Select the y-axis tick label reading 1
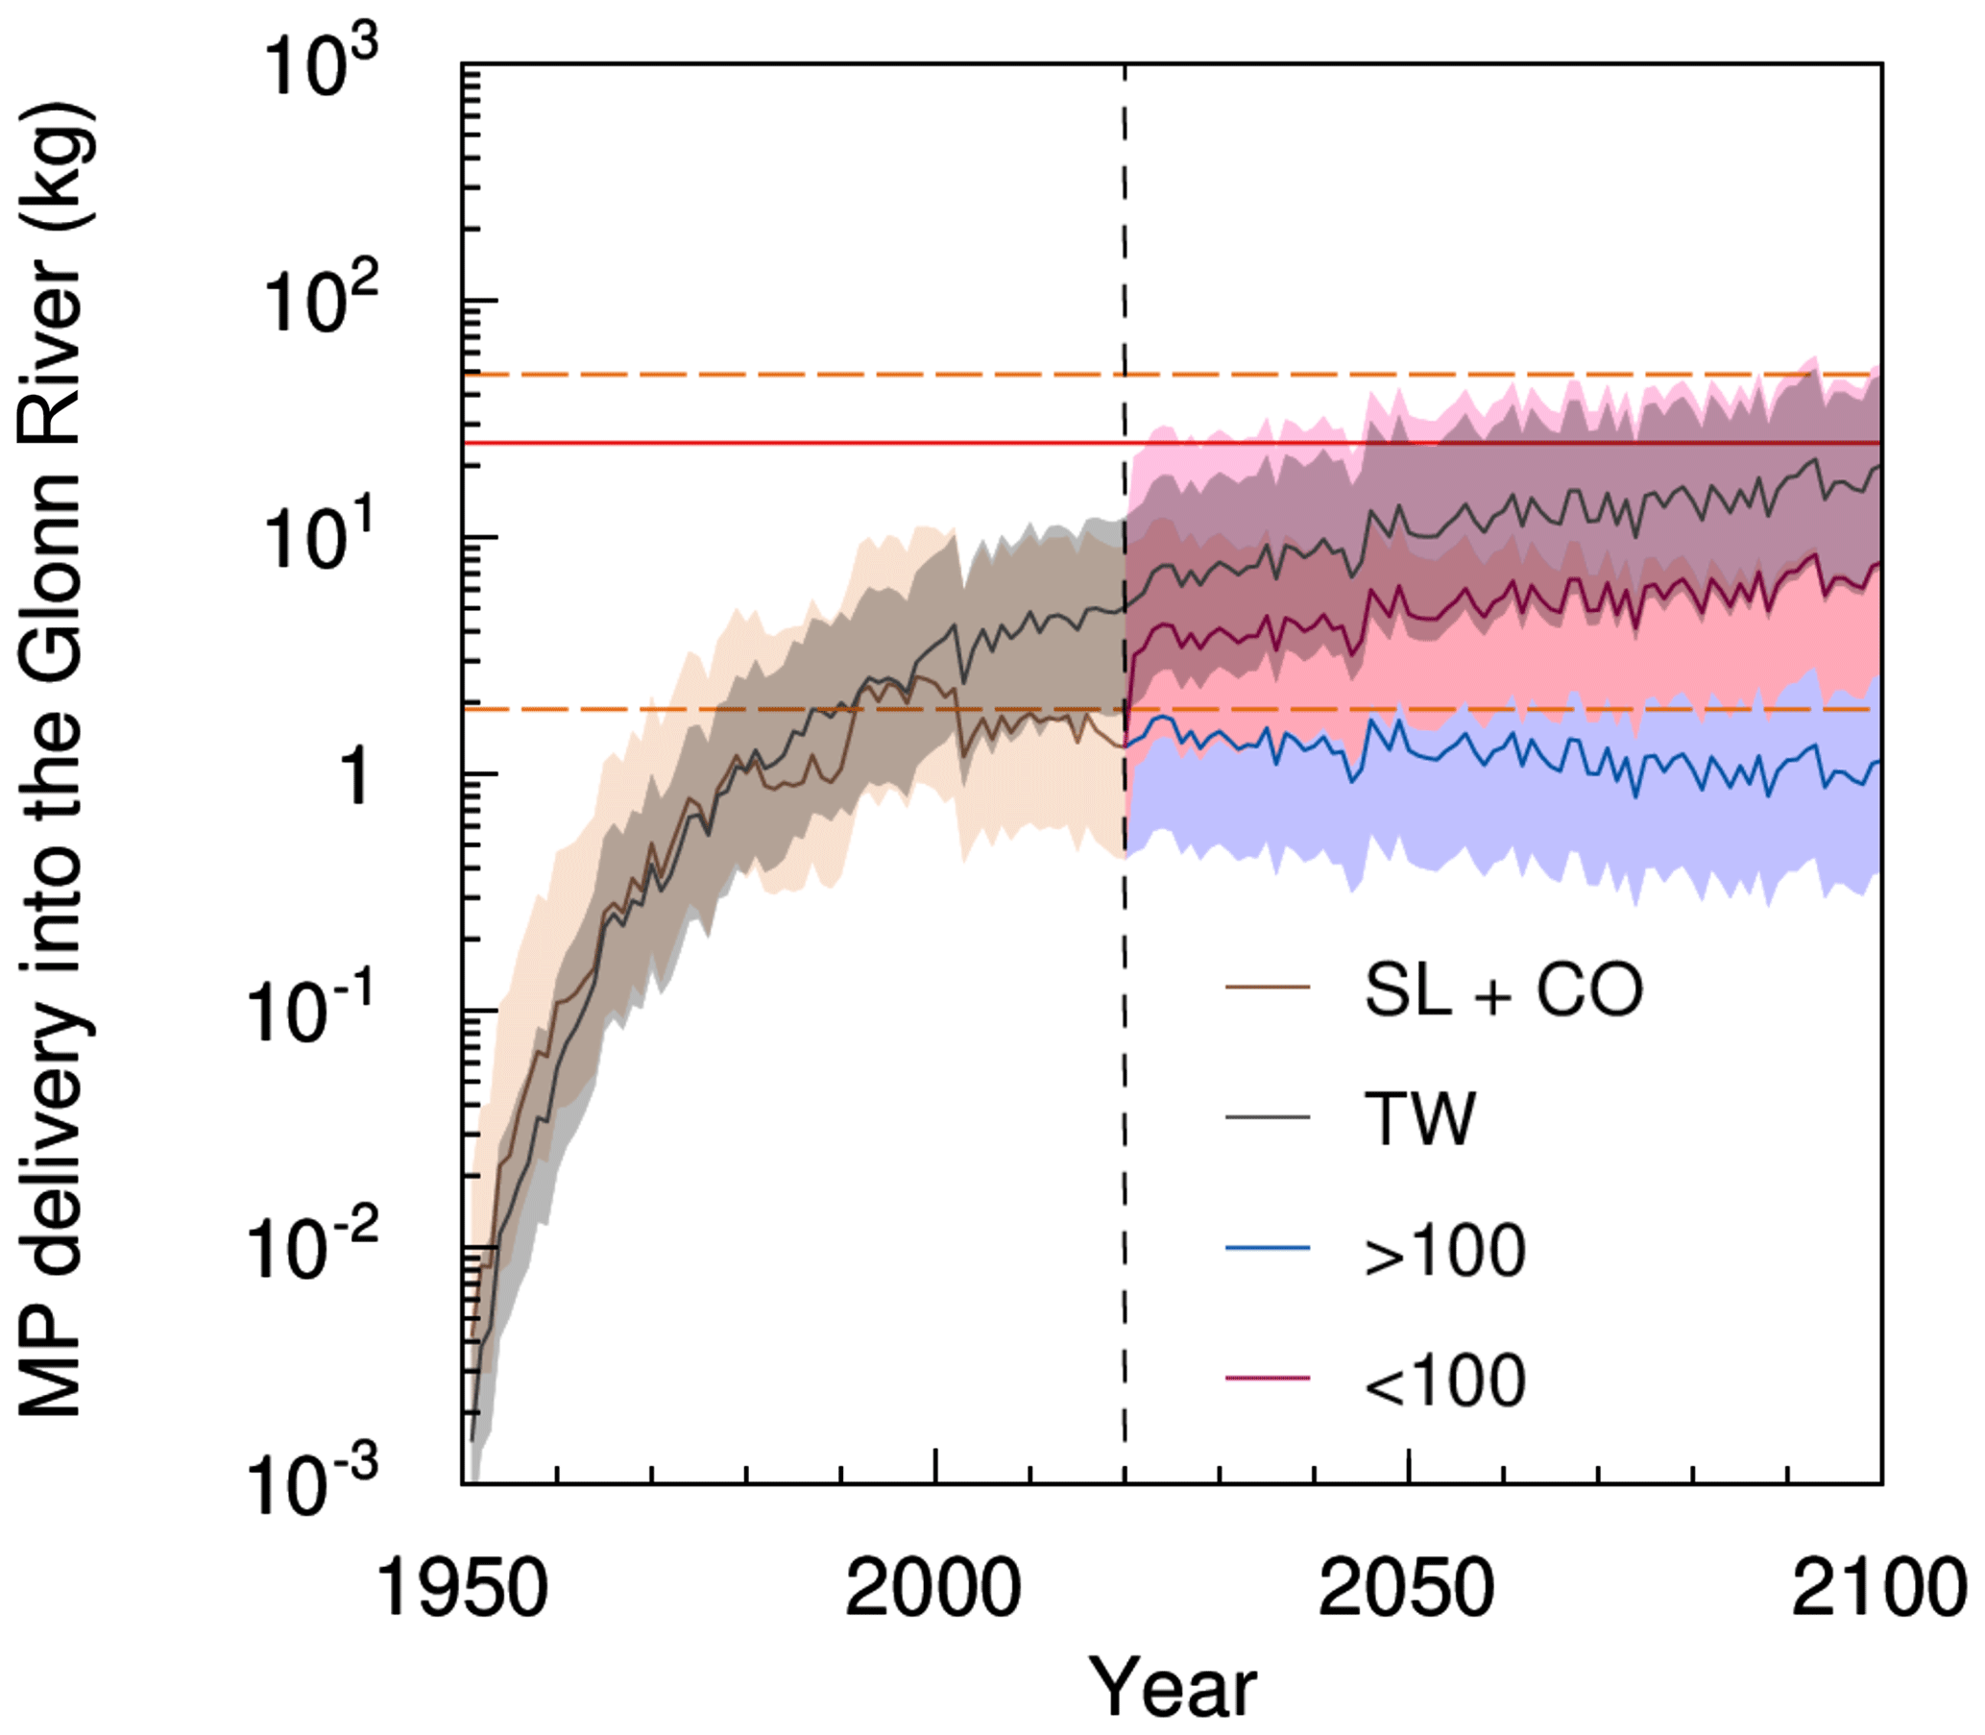pyautogui.click(x=356, y=775)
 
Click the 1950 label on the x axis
pyautogui.click(x=462, y=1590)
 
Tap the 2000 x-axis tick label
pyautogui.click(x=933, y=1590)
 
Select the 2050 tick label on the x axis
pyautogui.click(x=1406, y=1590)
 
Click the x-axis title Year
pyautogui.click(x=1173, y=1687)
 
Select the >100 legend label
pyautogui.click(x=1445, y=1252)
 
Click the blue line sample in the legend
pyautogui.click(x=1268, y=1249)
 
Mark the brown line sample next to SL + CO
pyautogui.click(x=1268, y=988)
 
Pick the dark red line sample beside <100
pyautogui.click(x=1268, y=1378)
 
